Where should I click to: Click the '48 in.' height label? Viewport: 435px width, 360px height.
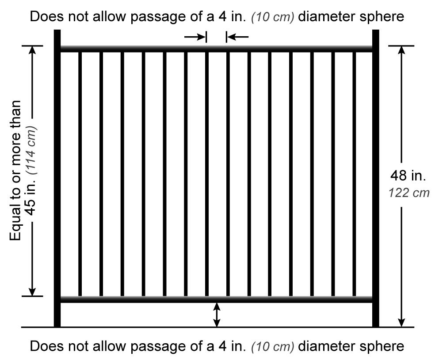[x=408, y=176]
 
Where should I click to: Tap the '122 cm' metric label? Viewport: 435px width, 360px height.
[x=408, y=193]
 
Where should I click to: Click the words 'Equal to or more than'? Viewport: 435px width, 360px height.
[x=16, y=170]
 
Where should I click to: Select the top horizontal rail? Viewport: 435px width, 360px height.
[x=216, y=48]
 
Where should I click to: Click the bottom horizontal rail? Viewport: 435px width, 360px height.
[x=216, y=299]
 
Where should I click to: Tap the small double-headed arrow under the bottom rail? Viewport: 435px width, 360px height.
[x=216, y=315]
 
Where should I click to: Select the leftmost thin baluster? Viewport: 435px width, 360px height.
[x=80, y=174]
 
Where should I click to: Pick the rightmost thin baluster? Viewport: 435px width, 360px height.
[x=355, y=174]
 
